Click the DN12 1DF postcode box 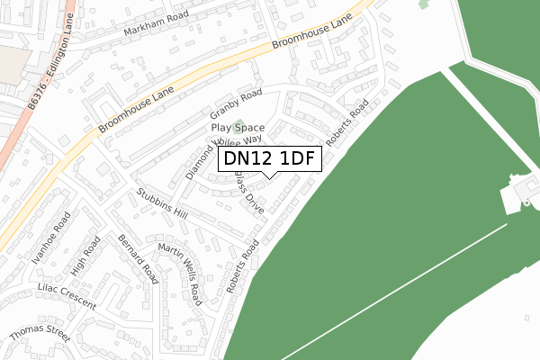269,159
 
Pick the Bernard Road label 137,258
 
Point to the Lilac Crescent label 66,297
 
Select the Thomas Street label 39,334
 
